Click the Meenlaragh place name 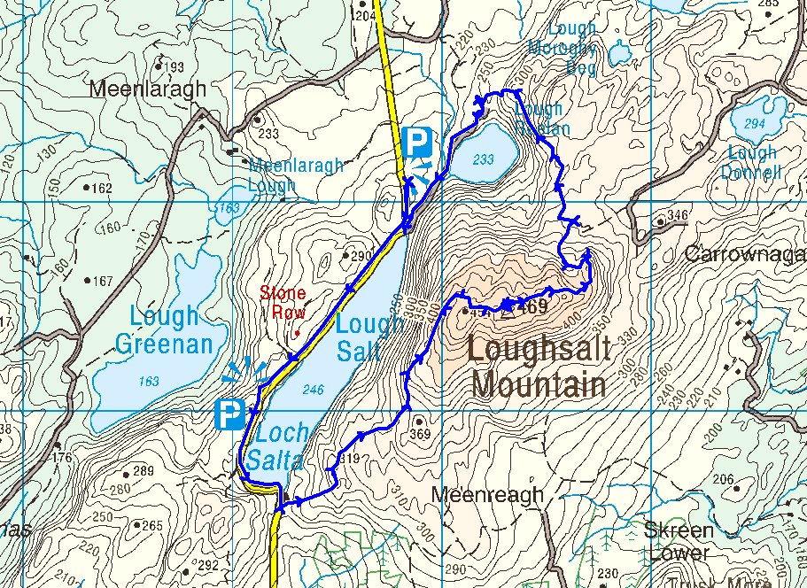[149, 89]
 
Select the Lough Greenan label [164, 329]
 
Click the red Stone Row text [283, 302]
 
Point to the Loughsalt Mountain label [539, 367]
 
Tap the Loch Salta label [280, 446]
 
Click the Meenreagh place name [486, 495]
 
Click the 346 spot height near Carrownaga [678, 215]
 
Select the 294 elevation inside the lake [754, 124]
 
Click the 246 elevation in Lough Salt [313, 388]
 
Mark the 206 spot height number [724, 480]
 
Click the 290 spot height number [361, 257]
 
